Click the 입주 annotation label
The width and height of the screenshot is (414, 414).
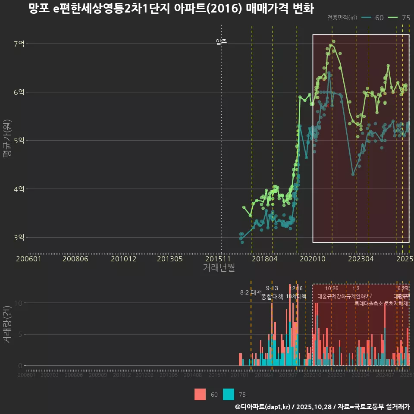221,42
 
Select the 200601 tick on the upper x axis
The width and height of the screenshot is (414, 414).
28,259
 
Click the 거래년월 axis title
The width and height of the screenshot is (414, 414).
219,268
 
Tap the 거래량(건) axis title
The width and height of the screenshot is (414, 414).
7,325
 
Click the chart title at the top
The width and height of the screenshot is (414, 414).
171,9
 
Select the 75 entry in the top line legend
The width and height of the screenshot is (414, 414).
401,18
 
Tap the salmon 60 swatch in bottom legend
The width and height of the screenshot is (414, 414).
200,394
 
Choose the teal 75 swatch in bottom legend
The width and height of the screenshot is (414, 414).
229,394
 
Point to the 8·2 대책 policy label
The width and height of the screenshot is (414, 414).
251,292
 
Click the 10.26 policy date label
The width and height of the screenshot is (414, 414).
332,288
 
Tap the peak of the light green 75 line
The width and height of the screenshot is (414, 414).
331,45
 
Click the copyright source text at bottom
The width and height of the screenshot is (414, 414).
322,407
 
